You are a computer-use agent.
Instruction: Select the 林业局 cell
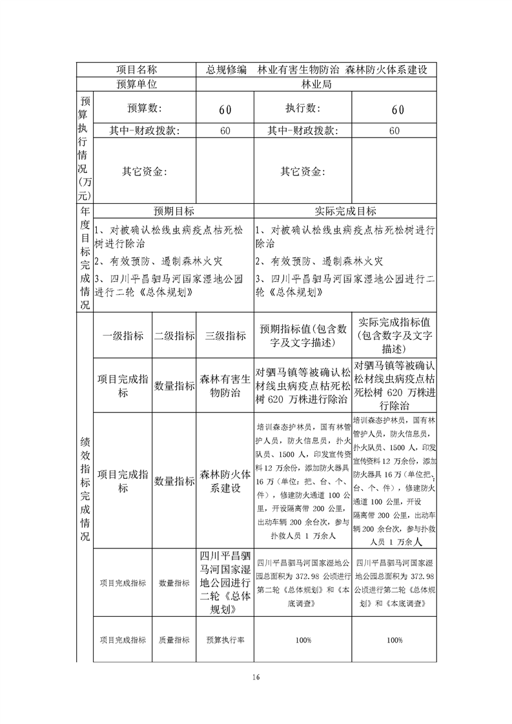316,85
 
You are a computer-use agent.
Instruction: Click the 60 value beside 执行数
398,110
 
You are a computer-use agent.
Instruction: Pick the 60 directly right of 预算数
225,110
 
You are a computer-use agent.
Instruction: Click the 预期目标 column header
174,211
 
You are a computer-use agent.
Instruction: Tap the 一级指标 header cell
123,336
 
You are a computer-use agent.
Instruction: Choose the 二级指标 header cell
174,336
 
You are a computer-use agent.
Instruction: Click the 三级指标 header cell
225,336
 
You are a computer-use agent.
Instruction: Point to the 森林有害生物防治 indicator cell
225,386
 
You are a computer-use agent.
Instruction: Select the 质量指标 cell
174,640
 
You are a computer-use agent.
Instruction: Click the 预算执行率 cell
225,640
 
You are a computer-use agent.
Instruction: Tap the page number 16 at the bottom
256,677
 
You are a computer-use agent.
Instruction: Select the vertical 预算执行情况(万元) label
85,149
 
